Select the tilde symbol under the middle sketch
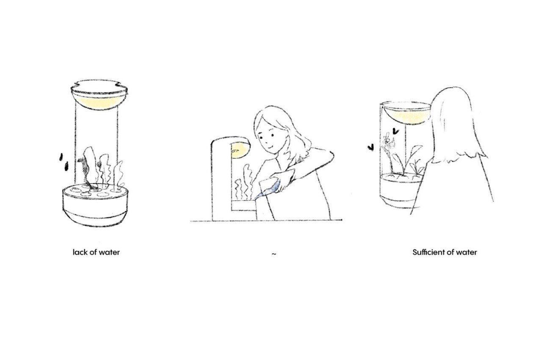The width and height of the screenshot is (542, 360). click(x=274, y=254)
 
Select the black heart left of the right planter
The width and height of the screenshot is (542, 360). click(x=371, y=147)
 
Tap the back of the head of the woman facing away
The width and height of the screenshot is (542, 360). click(x=453, y=123)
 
